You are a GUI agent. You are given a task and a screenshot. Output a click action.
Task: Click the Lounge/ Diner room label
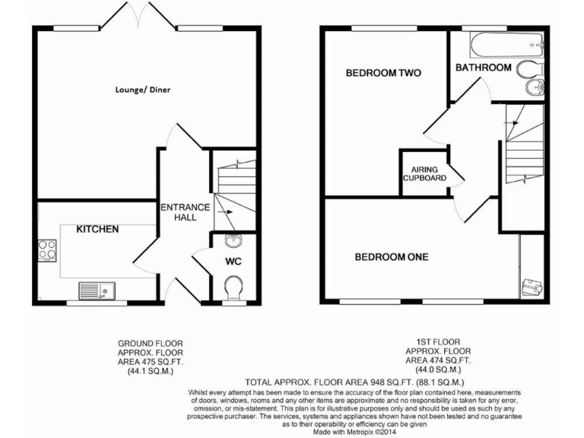[143, 90]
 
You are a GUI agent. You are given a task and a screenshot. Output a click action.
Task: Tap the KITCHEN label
[97, 229]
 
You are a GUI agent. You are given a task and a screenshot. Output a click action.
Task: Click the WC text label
[233, 262]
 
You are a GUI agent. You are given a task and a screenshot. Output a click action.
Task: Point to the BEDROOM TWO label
[383, 73]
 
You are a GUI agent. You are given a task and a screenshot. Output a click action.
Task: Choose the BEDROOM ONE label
[392, 257]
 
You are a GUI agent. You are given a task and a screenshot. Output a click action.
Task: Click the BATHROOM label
[483, 68]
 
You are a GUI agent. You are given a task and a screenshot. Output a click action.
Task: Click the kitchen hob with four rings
[47, 250]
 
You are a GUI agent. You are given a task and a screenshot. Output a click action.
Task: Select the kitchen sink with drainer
[96, 290]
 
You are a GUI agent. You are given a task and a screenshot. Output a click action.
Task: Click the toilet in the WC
[233, 287]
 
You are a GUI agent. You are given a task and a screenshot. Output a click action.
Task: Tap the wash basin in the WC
[233, 243]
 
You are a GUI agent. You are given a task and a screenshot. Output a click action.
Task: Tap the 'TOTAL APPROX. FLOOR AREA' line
[360, 381]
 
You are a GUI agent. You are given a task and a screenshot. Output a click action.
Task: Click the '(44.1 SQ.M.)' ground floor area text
[151, 372]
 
